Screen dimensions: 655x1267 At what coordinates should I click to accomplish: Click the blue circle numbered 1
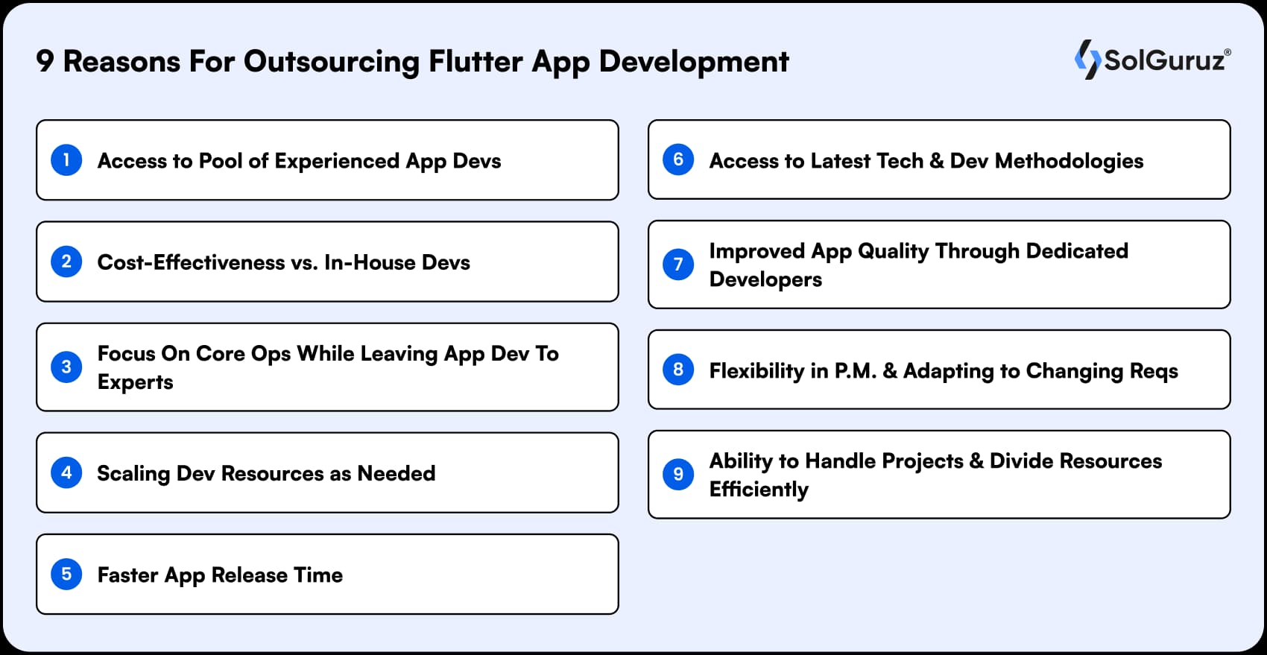pos(66,160)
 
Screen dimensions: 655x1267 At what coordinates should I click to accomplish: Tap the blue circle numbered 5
pos(66,575)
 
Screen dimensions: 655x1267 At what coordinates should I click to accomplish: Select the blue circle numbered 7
pos(678,265)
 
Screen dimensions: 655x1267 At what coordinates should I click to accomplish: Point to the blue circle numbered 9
pos(678,475)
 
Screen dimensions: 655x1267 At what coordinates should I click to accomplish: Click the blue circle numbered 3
pos(66,367)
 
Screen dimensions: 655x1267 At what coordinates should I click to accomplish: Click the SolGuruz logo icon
pos(1087,60)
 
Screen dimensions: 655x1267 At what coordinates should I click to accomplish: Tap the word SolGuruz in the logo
pos(1164,60)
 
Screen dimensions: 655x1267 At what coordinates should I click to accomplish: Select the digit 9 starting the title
pos(45,62)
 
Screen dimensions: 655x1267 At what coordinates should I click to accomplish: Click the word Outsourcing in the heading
pos(331,62)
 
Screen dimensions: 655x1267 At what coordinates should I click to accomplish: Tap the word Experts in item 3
pos(135,382)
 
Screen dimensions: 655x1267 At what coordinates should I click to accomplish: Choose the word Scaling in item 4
pos(133,474)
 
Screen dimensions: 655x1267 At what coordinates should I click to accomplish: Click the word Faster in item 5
pos(127,575)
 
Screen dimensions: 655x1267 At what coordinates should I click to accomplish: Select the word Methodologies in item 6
pos(1068,161)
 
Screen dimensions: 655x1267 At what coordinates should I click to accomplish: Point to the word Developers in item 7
pos(765,279)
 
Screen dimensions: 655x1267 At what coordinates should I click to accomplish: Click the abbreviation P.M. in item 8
pos(855,371)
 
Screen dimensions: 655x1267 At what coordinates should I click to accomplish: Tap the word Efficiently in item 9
pos(759,490)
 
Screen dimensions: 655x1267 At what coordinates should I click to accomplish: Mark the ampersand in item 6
pos(937,161)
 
